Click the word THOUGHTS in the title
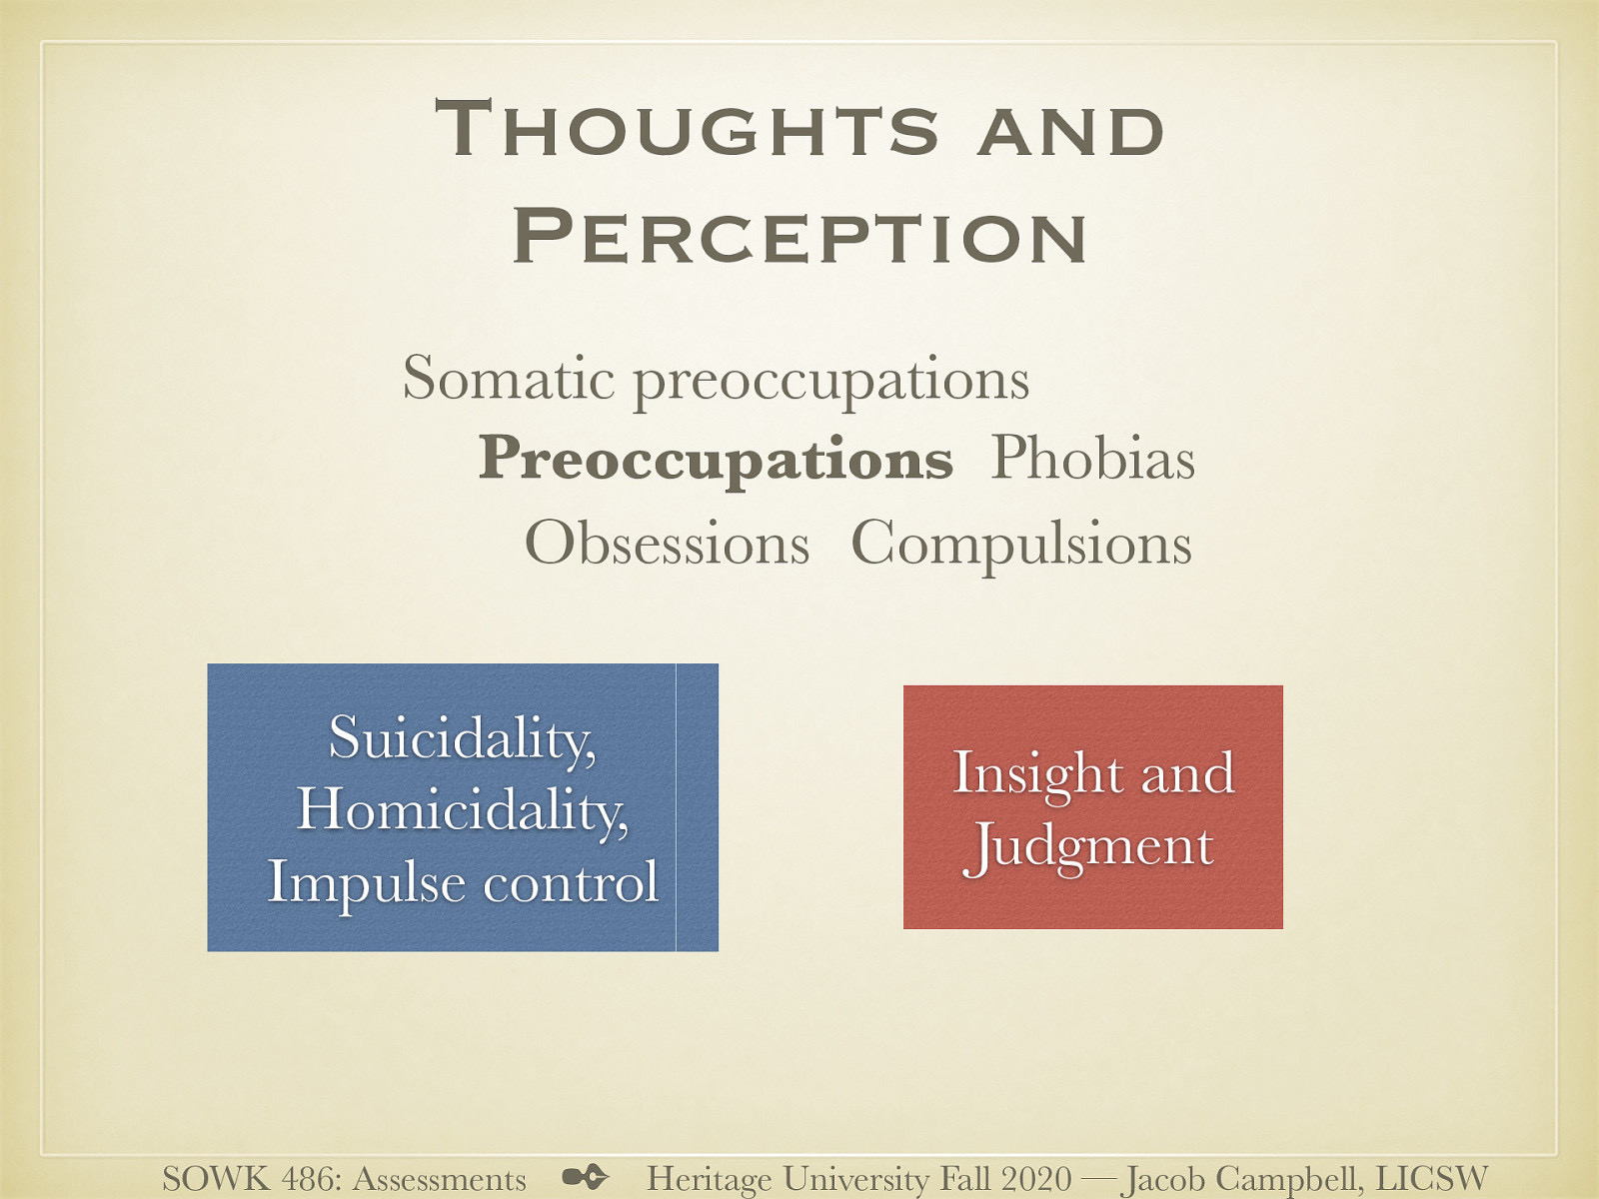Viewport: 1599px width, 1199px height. (x=688, y=131)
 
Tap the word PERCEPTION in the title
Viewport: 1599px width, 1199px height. (x=799, y=237)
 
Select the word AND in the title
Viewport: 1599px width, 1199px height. (x=1070, y=131)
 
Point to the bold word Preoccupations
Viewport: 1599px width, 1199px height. (x=716, y=460)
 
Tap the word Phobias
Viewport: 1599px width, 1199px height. (x=1092, y=460)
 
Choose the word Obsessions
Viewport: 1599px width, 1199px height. (x=667, y=544)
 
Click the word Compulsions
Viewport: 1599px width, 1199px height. (x=1020, y=544)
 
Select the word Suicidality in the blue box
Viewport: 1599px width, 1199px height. (x=462, y=738)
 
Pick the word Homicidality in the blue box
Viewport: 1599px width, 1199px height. (x=462, y=809)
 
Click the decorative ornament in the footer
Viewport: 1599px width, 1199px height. (x=586, y=1177)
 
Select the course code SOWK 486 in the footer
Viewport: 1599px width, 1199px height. (x=249, y=1179)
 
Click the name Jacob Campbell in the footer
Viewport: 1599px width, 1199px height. (x=1238, y=1179)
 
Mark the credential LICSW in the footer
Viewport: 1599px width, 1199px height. (x=1431, y=1179)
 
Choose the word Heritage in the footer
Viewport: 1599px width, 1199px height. (x=709, y=1179)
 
